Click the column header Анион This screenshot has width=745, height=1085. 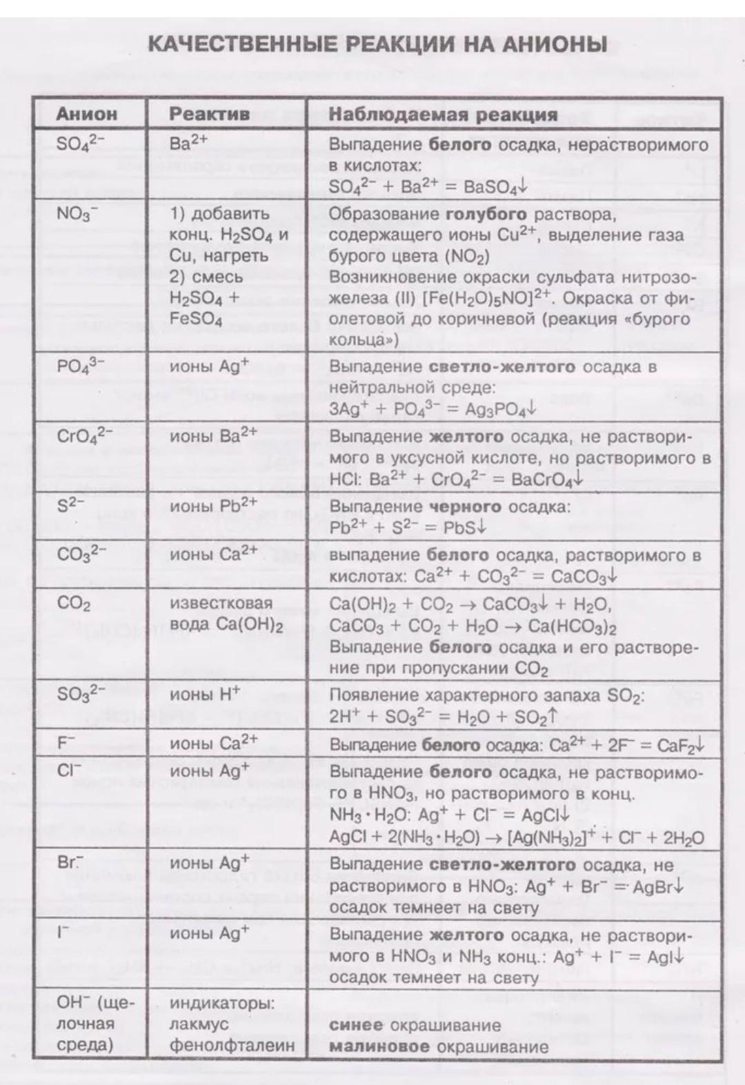click(87, 114)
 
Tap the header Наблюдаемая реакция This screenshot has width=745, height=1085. click(443, 115)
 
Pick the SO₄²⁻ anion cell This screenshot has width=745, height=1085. click(81, 143)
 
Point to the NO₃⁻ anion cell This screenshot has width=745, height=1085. click(77, 214)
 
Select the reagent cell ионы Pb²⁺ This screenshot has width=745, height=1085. click(213, 506)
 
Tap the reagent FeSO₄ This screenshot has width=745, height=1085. click(196, 319)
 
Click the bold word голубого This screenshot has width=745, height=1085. click(486, 214)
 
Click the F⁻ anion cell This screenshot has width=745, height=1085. click(66, 744)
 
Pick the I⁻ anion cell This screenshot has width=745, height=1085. click(63, 933)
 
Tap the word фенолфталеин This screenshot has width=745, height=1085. click(232, 1045)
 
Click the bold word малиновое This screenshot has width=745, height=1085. click(379, 1046)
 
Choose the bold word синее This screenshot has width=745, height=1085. click(356, 1025)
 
